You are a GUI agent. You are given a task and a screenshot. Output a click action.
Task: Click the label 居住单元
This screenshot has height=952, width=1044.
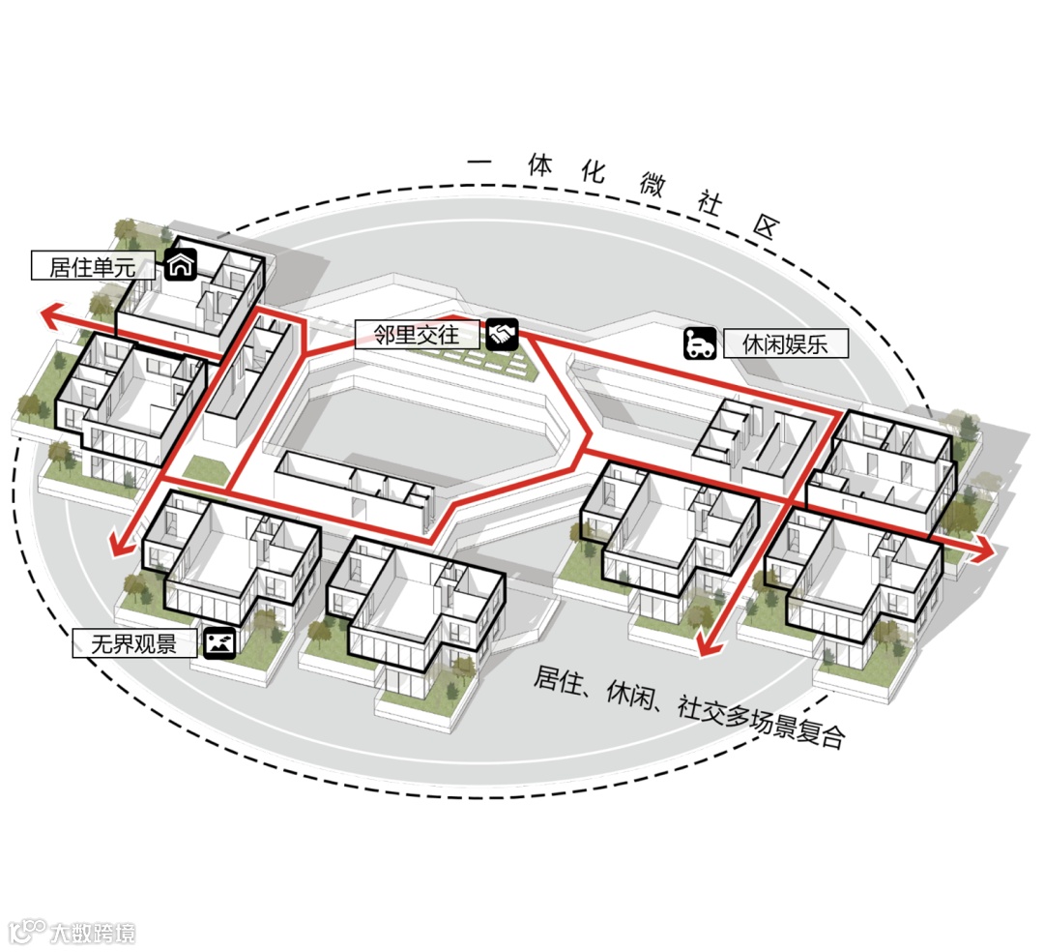click(x=93, y=266)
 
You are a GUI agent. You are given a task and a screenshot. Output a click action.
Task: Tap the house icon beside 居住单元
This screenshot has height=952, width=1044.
click(x=181, y=264)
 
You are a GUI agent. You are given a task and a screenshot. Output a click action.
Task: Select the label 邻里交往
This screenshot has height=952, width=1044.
click(x=418, y=335)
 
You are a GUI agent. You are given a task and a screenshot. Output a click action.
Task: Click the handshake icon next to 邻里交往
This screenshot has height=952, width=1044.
click(x=503, y=335)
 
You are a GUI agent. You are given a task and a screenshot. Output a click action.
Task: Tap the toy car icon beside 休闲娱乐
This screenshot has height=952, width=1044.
click(x=700, y=343)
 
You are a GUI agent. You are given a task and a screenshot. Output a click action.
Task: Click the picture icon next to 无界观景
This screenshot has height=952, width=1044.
click(x=220, y=642)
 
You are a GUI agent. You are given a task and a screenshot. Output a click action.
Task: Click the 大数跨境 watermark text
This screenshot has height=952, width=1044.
click(x=93, y=933)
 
